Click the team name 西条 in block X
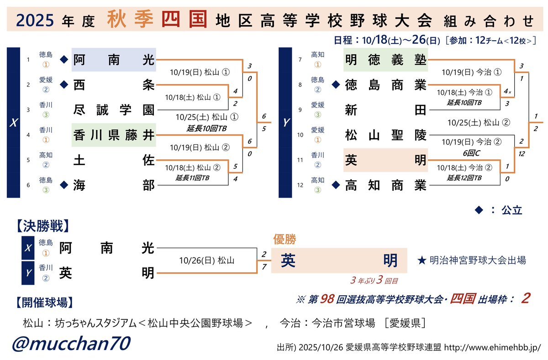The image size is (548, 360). click(x=114, y=85)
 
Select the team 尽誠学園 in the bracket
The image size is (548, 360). click(x=114, y=110)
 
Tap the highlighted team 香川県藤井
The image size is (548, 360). click(x=114, y=135)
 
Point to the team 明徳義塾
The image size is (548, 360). click(x=385, y=59)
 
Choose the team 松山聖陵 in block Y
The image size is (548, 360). click(x=385, y=135)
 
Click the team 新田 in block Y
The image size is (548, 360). click(x=385, y=110)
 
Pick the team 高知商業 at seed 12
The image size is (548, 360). click(x=385, y=185)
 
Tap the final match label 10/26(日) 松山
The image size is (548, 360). click(x=207, y=261)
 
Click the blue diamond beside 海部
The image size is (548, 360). click(x=64, y=185)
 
